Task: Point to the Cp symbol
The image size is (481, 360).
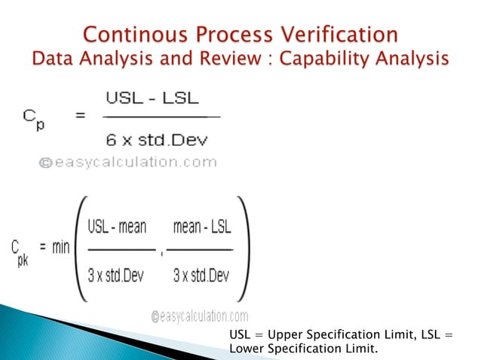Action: pyautogui.click(x=33, y=118)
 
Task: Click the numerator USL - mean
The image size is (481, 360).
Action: pyautogui.click(x=118, y=226)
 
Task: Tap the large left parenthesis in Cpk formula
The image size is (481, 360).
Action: pyautogui.click(x=81, y=247)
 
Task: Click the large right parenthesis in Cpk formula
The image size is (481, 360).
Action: pyautogui.click(x=246, y=247)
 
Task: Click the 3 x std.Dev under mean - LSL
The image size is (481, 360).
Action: pyautogui.click(x=201, y=276)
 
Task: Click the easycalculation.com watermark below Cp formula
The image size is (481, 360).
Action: pyautogui.click(x=125, y=162)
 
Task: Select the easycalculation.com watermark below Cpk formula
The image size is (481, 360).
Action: pyautogui.click(x=200, y=316)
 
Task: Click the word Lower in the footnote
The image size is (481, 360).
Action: pyautogui.click(x=244, y=348)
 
